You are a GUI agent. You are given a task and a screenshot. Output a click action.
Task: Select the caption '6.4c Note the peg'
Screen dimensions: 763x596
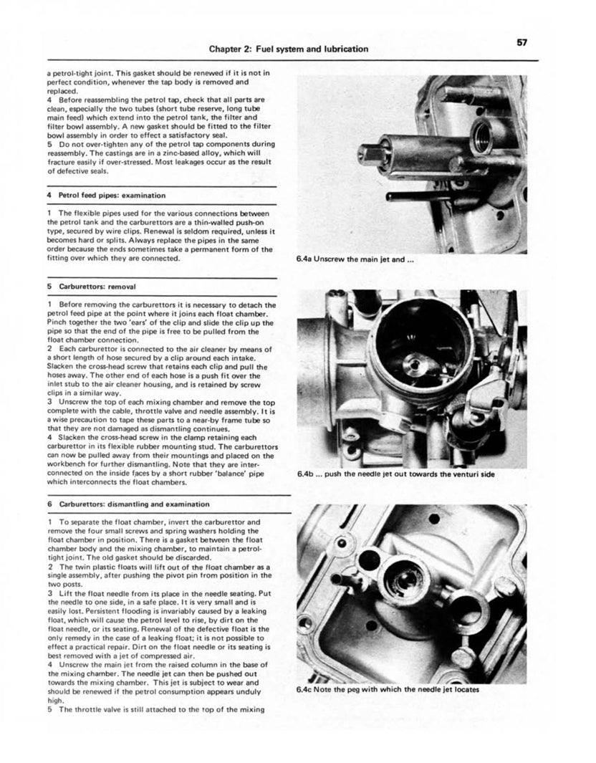pos(387,690)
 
